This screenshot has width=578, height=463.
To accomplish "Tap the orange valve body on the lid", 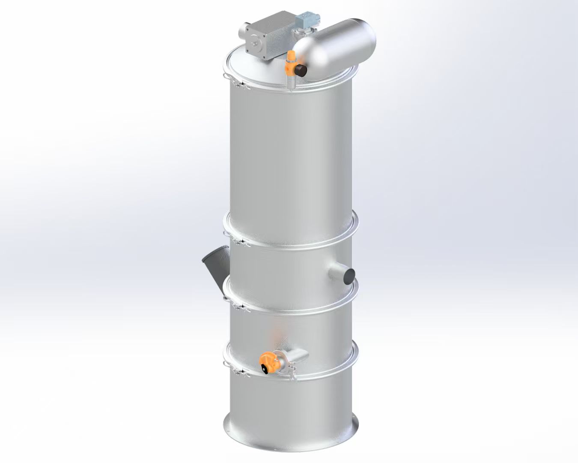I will [x=290, y=62].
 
